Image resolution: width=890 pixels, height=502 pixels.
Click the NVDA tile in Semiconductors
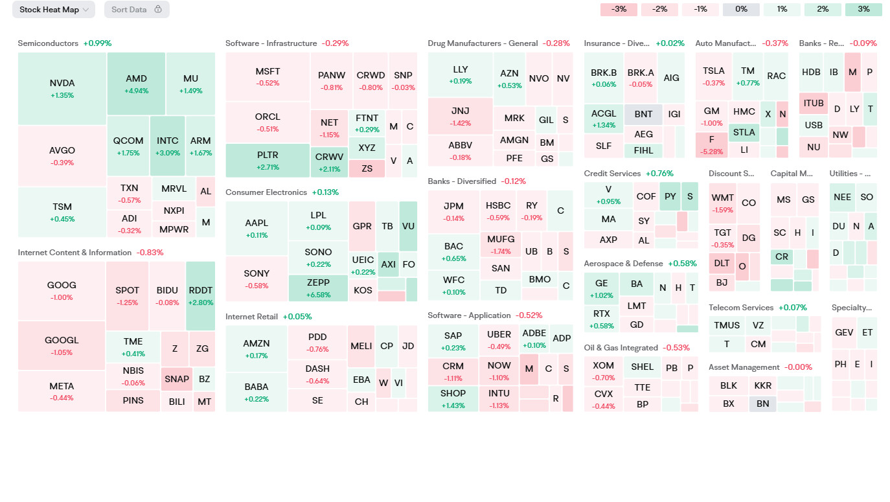point(62,89)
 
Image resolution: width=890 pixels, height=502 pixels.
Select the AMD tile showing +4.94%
point(136,84)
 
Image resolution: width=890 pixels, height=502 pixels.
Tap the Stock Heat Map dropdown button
point(54,10)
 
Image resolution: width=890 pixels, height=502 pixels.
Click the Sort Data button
point(137,10)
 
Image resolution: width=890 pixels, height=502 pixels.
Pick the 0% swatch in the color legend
point(741,10)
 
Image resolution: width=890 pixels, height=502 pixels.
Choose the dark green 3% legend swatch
point(863,10)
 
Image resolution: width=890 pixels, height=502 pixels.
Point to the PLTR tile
point(268,161)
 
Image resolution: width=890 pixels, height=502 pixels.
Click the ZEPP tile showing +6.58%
point(317,288)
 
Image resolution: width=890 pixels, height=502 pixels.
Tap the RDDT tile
point(200,296)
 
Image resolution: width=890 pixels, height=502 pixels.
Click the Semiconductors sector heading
point(48,43)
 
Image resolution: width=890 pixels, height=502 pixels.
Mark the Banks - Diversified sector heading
point(462,181)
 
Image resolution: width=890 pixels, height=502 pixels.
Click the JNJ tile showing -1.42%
point(460,116)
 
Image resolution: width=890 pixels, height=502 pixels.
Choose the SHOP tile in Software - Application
point(453,398)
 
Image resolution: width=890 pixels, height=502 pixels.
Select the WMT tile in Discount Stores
point(722,203)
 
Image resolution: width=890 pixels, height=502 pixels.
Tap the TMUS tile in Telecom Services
point(727,325)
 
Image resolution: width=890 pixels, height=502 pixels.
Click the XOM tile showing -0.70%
point(603,371)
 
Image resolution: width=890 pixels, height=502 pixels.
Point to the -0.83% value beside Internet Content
point(150,253)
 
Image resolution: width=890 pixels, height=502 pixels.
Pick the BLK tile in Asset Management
point(729,385)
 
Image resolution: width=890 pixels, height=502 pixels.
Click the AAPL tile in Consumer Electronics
point(257,228)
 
